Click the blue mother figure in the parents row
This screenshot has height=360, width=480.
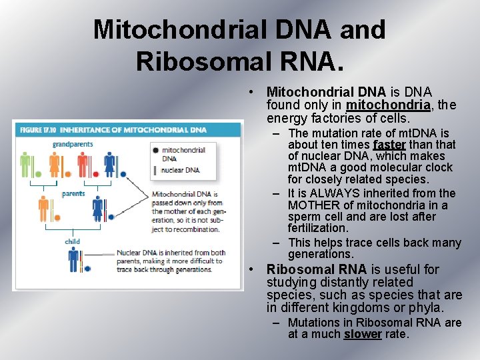98,209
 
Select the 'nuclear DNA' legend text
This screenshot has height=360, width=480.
181,170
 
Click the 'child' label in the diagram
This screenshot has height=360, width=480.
72,241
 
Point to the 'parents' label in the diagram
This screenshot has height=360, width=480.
73,194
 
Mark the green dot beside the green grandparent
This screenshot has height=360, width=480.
38,175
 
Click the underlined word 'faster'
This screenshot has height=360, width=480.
389,145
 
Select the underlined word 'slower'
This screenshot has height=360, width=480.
362,334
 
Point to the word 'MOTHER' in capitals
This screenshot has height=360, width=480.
312,205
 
